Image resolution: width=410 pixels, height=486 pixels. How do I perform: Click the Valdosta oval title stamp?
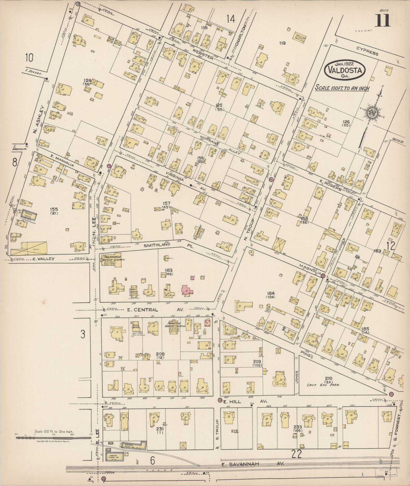click(345, 69)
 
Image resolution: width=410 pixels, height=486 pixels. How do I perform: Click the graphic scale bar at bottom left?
click(53, 438)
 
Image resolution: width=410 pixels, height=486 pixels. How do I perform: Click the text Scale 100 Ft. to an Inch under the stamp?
click(342, 88)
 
